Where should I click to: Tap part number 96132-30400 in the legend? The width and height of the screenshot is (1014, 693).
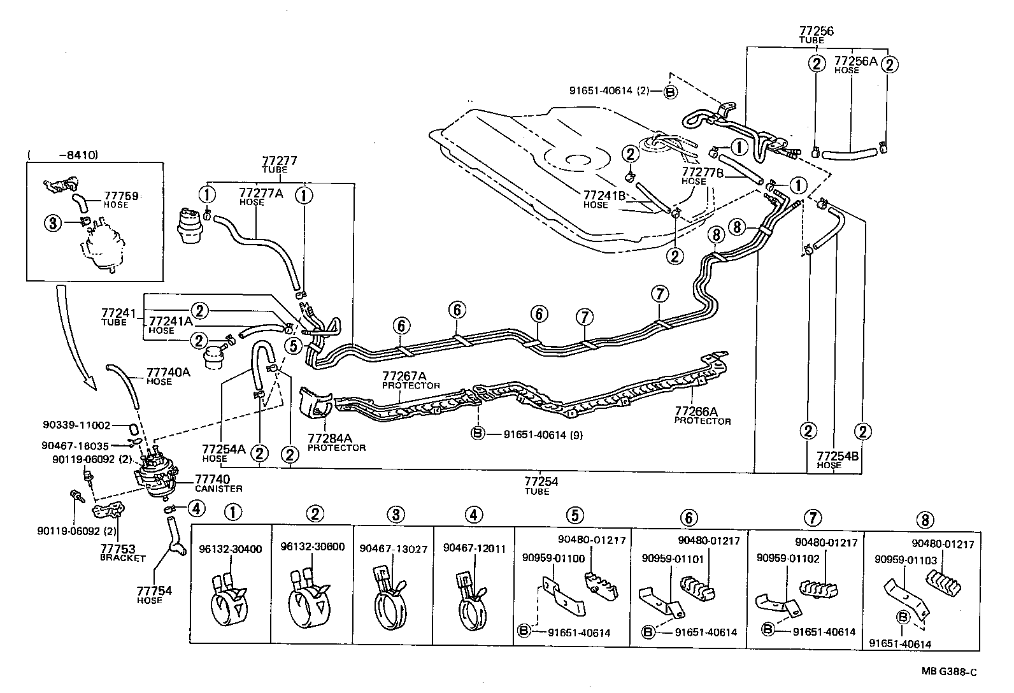pos(230,548)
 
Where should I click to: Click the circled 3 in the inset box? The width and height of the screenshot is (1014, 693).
pos(54,222)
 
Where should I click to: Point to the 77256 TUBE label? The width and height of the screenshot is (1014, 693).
pos(816,34)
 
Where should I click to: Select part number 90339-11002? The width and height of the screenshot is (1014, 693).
pos(77,425)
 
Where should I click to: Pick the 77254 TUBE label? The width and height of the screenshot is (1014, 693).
pos(541,485)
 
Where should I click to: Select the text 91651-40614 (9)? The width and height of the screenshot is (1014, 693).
pos(543,435)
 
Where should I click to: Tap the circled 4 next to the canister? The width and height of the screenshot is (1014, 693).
pos(196,508)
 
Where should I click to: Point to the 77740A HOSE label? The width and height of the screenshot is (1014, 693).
pos(168,376)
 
